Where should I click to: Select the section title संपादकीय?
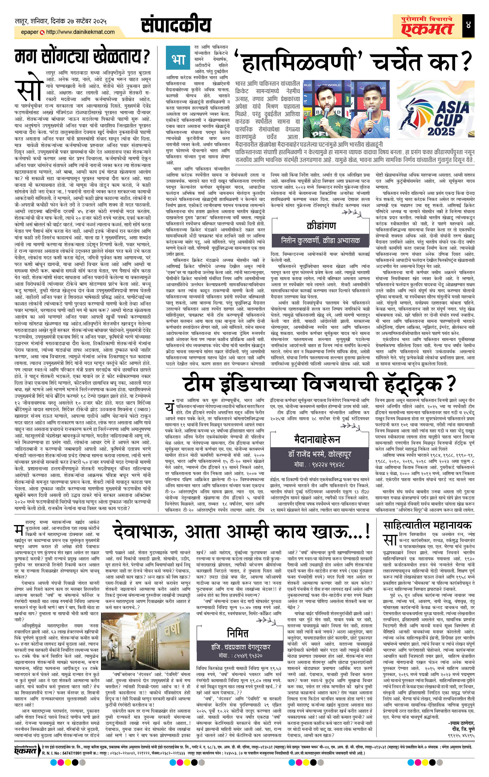[x=176, y=25]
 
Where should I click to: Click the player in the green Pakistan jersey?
[x=324, y=111]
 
